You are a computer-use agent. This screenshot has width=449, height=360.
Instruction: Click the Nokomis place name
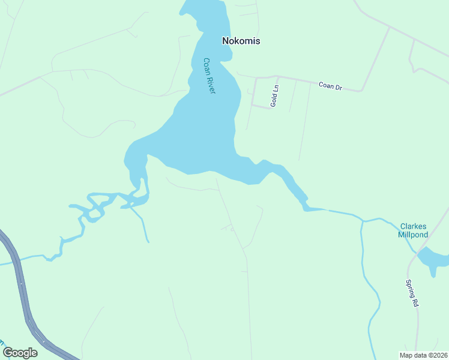(x=241, y=41)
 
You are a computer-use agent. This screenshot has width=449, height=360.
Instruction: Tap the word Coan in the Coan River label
(x=207, y=67)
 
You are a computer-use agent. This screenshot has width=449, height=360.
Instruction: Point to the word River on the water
(x=211, y=84)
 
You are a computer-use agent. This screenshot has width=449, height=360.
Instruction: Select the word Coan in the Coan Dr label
(x=326, y=86)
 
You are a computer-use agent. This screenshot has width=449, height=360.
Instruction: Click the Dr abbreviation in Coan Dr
(x=339, y=88)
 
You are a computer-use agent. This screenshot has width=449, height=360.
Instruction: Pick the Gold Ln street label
(x=274, y=96)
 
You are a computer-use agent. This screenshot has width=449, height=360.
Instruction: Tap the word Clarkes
(x=413, y=226)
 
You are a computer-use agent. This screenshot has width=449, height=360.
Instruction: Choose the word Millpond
(x=413, y=235)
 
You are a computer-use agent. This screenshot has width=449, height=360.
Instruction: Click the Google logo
(x=20, y=352)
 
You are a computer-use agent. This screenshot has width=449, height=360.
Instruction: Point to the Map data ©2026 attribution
(x=423, y=355)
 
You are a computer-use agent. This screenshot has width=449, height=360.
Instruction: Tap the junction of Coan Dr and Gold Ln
(x=277, y=77)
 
